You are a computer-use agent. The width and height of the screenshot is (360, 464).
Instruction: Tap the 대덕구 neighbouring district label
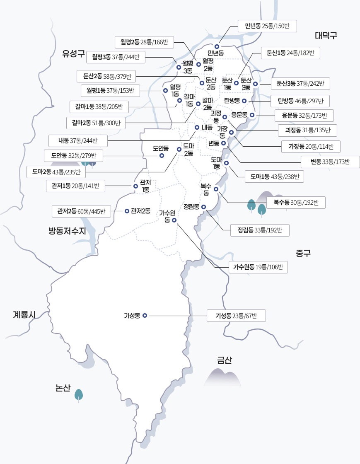(326, 35)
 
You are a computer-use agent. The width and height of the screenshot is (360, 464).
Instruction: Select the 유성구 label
(73, 53)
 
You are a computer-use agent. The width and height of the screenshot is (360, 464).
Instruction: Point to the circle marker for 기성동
(145, 315)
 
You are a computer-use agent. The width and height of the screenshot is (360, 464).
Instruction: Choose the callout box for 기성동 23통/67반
(236, 316)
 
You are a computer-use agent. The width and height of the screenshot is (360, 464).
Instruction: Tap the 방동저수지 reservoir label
(67, 231)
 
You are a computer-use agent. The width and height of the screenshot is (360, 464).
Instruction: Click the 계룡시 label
(24, 315)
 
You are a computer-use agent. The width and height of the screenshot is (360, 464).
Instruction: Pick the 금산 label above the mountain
(224, 360)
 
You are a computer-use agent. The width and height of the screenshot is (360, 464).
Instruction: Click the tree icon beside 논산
(79, 394)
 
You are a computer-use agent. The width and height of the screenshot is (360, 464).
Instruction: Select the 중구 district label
(303, 253)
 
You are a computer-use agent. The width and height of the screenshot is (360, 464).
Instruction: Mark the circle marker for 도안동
(162, 156)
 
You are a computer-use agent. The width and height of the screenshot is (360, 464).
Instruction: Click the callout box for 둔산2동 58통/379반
(107, 76)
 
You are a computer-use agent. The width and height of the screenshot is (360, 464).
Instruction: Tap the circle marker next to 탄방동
(244, 101)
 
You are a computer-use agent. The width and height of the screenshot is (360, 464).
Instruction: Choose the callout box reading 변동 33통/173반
(330, 162)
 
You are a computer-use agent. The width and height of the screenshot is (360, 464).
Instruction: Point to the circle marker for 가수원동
(174, 220)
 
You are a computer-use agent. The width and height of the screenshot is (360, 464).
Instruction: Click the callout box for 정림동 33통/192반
(260, 230)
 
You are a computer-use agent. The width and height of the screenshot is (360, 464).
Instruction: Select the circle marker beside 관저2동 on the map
(127, 211)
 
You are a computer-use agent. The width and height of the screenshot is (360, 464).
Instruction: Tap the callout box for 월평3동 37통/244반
(116, 57)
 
